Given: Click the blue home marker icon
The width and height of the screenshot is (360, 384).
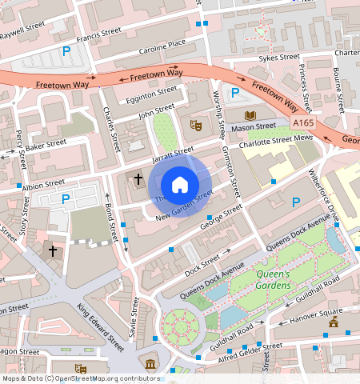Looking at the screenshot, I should (180, 184).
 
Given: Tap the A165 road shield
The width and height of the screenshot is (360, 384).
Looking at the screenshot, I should (303, 122).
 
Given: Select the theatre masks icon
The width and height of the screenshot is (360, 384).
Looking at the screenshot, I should (194, 125).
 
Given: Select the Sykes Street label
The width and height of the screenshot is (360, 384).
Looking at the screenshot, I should (278, 58).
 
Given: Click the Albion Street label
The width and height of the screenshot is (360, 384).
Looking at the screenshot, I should (43, 185).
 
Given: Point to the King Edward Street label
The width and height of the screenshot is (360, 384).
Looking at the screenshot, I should (101, 326).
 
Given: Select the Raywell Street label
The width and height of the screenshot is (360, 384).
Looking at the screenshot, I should (22, 30).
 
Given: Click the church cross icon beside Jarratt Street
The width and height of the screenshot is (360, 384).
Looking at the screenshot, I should (138, 178).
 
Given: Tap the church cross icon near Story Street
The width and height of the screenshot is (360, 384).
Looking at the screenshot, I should (53, 251).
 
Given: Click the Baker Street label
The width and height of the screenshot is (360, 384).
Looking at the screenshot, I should (45, 146).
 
